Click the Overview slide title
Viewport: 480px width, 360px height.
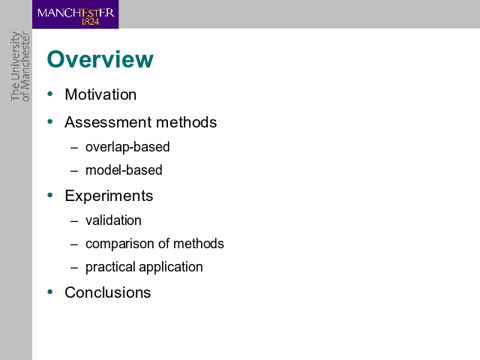pos(100,59)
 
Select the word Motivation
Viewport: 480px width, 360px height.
pos(100,94)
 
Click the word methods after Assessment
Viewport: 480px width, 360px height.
pos(187,122)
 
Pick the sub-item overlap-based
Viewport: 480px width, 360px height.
pos(127,147)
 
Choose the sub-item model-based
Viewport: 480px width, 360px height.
pos(124,170)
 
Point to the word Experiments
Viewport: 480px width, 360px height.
pos(109,196)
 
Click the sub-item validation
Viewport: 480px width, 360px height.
pos(113,220)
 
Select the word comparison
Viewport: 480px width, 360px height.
pos(120,244)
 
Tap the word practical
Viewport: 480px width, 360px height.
pos(110,267)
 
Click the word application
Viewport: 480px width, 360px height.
pos(171,267)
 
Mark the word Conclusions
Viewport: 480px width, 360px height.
pos(107,292)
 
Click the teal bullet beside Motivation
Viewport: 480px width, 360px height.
pos(50,94)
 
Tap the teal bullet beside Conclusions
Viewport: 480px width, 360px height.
pos(50,292)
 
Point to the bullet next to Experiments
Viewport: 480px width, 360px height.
pos(50,195)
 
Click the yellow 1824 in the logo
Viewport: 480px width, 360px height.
pos(90,22)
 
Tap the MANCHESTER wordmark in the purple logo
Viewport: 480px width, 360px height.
pos(76,13)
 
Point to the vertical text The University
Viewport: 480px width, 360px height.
pos(15,66)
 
